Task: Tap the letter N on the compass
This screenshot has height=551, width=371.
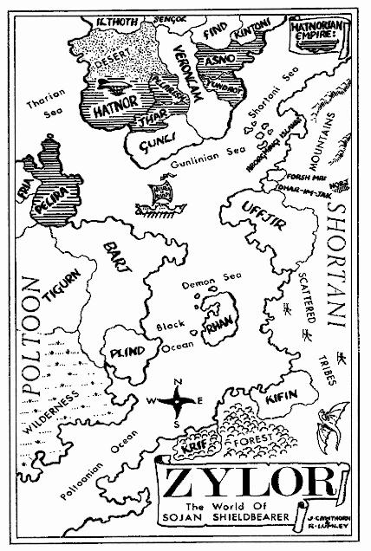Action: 178,381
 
